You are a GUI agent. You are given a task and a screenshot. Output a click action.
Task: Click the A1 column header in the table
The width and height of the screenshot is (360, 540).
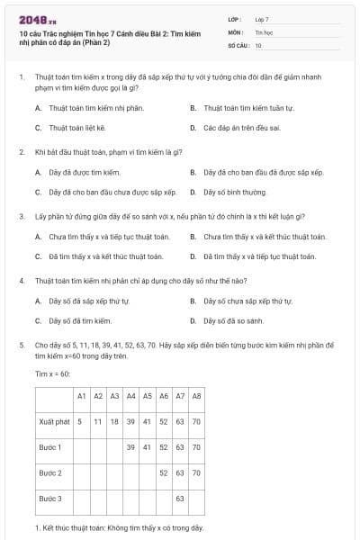tap(81, 396)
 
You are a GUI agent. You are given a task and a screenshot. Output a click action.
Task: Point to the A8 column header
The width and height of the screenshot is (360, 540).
tap(196, 396)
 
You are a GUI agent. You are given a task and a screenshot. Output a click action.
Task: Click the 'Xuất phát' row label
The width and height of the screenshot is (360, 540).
tap(55, 421)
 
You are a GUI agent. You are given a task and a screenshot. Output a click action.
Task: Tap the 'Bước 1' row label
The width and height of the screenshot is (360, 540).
tap(50, 447)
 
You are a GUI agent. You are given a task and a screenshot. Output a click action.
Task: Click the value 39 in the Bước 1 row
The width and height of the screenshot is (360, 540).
tap(130, 447)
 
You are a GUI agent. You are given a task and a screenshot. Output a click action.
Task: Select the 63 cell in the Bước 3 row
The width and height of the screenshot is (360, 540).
tap(180, 498)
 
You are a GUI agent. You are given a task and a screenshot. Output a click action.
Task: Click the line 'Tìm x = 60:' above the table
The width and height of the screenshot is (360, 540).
tap(53, 373)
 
